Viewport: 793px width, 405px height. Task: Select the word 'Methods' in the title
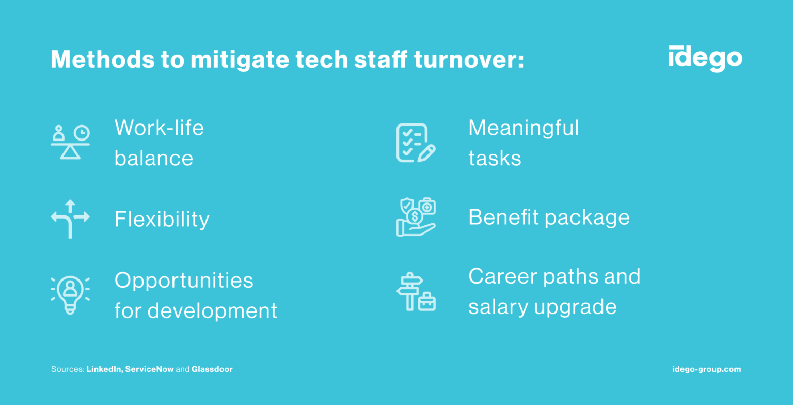98,60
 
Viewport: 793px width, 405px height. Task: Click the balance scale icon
70,142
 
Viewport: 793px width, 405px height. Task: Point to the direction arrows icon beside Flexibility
70,219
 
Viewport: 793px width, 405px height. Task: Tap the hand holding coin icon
416,217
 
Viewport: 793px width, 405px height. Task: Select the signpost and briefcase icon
416,291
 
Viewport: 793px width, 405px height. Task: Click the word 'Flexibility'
162,220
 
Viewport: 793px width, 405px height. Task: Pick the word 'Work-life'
159,128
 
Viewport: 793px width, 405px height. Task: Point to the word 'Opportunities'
184,281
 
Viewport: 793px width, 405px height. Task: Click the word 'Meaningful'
524,128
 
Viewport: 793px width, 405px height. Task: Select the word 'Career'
502,276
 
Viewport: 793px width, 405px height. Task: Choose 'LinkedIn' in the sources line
104,369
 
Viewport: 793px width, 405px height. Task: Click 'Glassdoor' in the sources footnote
212,369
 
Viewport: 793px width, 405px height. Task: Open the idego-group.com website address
707,369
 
